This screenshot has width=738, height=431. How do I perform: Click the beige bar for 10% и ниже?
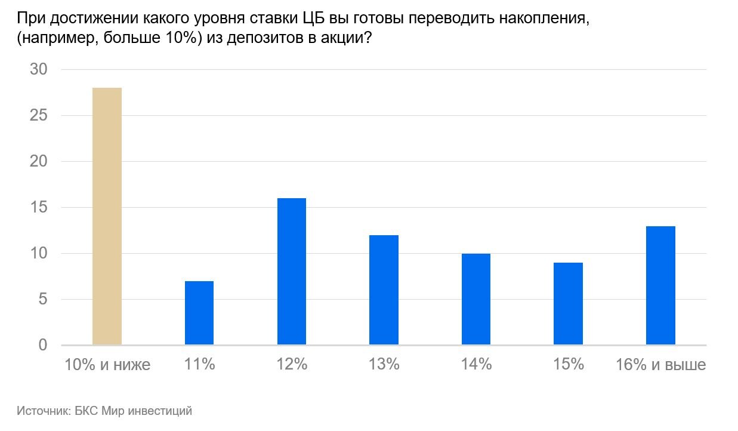[x=107, y=216]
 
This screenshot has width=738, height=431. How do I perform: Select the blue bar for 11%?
[x=199, y=313]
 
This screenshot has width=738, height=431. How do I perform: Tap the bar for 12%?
[x=292, y=272]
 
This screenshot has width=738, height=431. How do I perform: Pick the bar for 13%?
[x=384, y=290]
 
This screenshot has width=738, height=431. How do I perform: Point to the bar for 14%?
[x=476, y=299]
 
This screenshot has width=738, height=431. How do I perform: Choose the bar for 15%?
[x=568, y=304]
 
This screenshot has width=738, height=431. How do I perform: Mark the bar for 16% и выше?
[x=660, y=285]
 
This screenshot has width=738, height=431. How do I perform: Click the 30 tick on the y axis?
[x=38, y=69]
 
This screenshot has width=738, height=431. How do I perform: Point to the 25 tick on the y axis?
[x=38, y=115]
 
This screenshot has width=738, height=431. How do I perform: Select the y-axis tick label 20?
[x=38, y=161]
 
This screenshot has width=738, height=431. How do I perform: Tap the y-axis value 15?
[x=38, y=207]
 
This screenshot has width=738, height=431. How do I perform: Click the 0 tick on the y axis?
[x=42, y=345]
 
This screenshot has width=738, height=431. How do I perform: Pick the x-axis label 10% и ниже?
[x=107, y=365]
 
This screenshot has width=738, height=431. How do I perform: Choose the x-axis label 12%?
[x=292, y=365]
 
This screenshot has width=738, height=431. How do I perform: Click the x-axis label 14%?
[x=476, y=365]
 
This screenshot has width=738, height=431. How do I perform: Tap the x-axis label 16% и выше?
[x=660, y=365]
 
